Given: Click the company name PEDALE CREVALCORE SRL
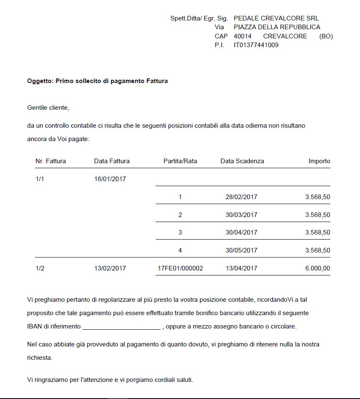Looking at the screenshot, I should (276, 18).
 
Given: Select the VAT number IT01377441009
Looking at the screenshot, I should (256, 45).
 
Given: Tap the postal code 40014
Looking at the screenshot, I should (243, 36).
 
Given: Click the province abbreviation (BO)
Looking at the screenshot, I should (326, 36).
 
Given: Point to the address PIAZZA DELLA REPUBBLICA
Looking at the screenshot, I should (277, 27).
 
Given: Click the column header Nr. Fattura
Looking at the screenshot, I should (51, 161).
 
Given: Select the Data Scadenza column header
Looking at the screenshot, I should (242, 161).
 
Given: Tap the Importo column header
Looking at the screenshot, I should (319, 161).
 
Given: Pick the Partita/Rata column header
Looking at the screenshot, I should (180, 161).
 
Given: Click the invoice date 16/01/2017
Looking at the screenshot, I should (110, 179).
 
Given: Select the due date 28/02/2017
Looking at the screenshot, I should (241, 197).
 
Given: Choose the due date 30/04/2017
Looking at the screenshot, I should (241, 232).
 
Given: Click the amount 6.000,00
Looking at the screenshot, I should (317, 268).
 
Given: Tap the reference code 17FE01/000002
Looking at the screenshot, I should (180, 268).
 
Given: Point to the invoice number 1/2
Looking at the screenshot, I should (40, 268).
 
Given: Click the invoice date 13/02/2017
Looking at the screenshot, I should (110, 268).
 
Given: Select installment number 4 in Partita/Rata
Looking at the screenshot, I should (180, 250).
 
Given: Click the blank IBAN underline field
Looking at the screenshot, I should (121, 327).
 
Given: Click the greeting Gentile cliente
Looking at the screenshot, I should (48, 108).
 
